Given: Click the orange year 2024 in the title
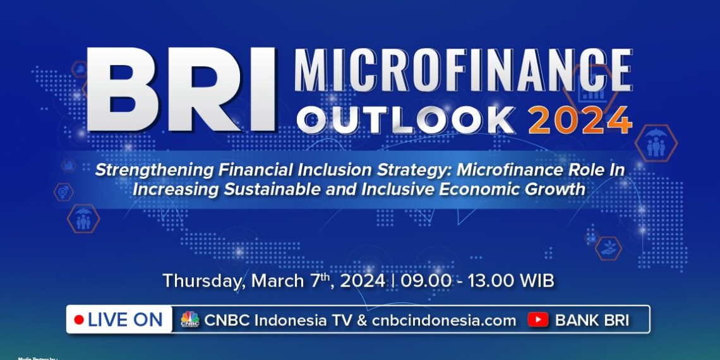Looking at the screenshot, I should coord(580,119).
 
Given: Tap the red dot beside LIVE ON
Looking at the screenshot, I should coord(79,320).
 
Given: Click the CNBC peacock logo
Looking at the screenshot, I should coord(189,320).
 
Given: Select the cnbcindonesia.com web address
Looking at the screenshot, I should coord(444,320).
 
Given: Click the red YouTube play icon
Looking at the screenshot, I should coord(538,320).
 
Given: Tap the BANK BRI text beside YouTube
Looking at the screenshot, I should coord(592,320).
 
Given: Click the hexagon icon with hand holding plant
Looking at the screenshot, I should coord(608,248).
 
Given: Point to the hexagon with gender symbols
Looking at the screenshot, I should coord(63,192).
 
